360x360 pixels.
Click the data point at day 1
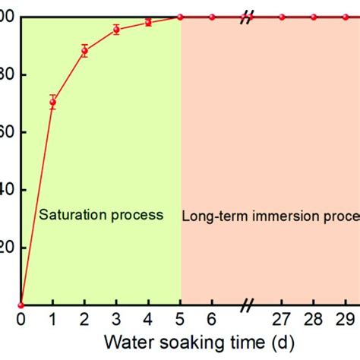[52, 102]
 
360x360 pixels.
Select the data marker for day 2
[84, 51]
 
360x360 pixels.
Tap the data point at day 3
[116, 30]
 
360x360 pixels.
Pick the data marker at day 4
[148, 22]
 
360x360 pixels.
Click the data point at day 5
[180, 17]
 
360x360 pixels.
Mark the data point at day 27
[282, 17]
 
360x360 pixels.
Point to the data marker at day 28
[314, 17]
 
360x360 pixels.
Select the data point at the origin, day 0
[21, 305]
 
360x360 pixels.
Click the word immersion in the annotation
[274, 216]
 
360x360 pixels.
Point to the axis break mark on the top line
[246, 17]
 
